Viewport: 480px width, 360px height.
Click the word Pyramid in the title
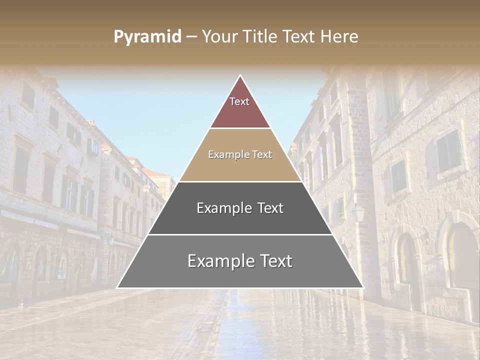147,37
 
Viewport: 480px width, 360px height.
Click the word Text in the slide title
299,36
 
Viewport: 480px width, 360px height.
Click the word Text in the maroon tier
239,101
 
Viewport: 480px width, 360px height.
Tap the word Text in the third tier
270,208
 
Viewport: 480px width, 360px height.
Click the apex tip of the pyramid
240,76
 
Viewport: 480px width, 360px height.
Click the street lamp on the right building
358,213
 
